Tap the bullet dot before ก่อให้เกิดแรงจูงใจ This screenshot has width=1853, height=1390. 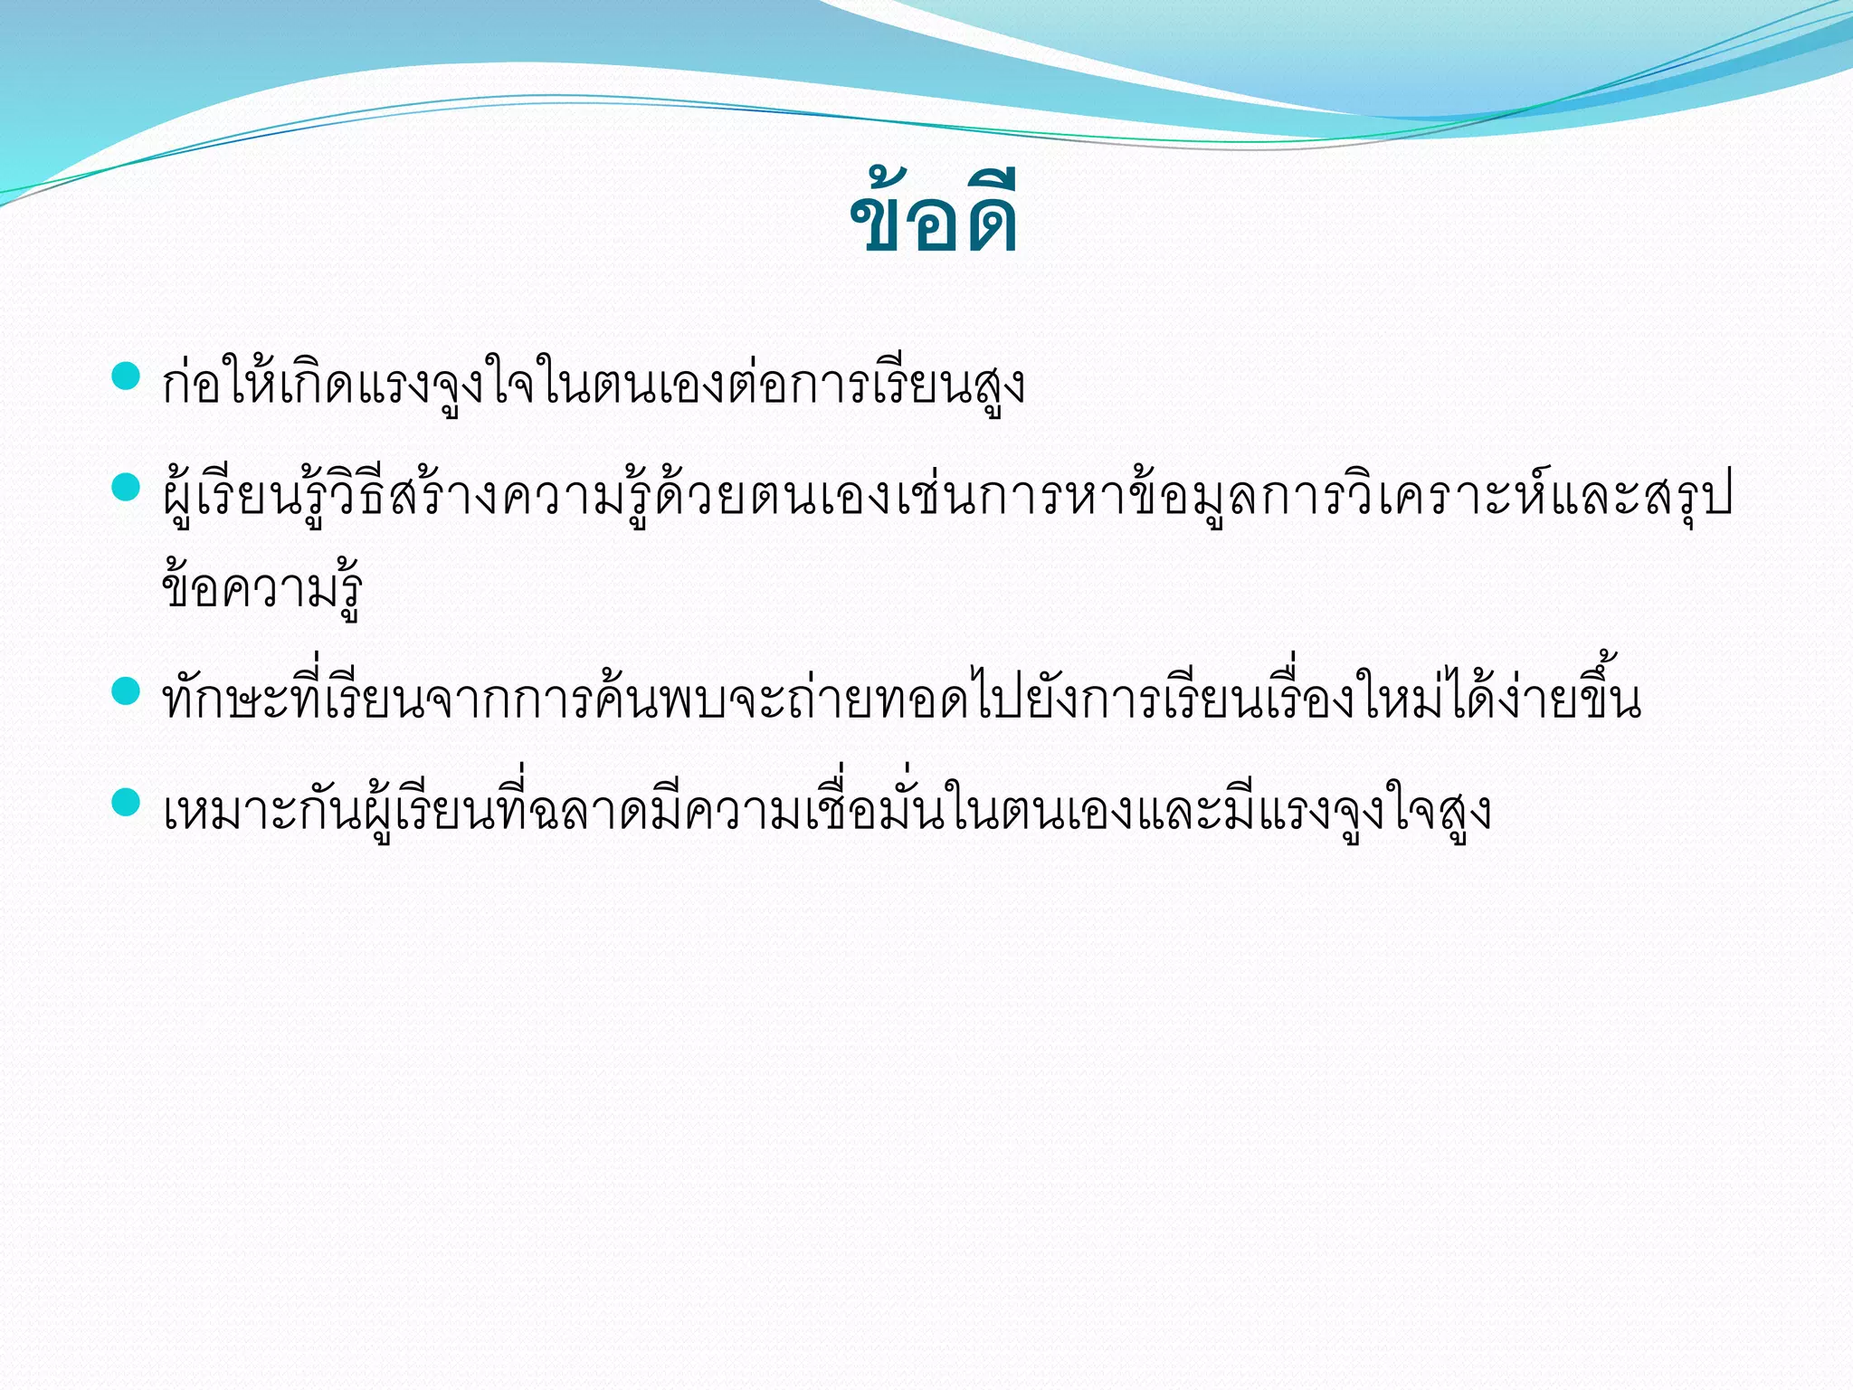coord(125,375)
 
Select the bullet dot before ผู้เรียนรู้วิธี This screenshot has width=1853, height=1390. coord(125,488)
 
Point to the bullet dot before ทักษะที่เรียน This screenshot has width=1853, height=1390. coord(125,691)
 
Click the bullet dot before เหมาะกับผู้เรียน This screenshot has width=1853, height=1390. coord(125,802)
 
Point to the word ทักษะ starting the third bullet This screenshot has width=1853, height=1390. coord(225,701)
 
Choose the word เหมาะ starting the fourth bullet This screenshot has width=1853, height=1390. coord(230,812)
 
